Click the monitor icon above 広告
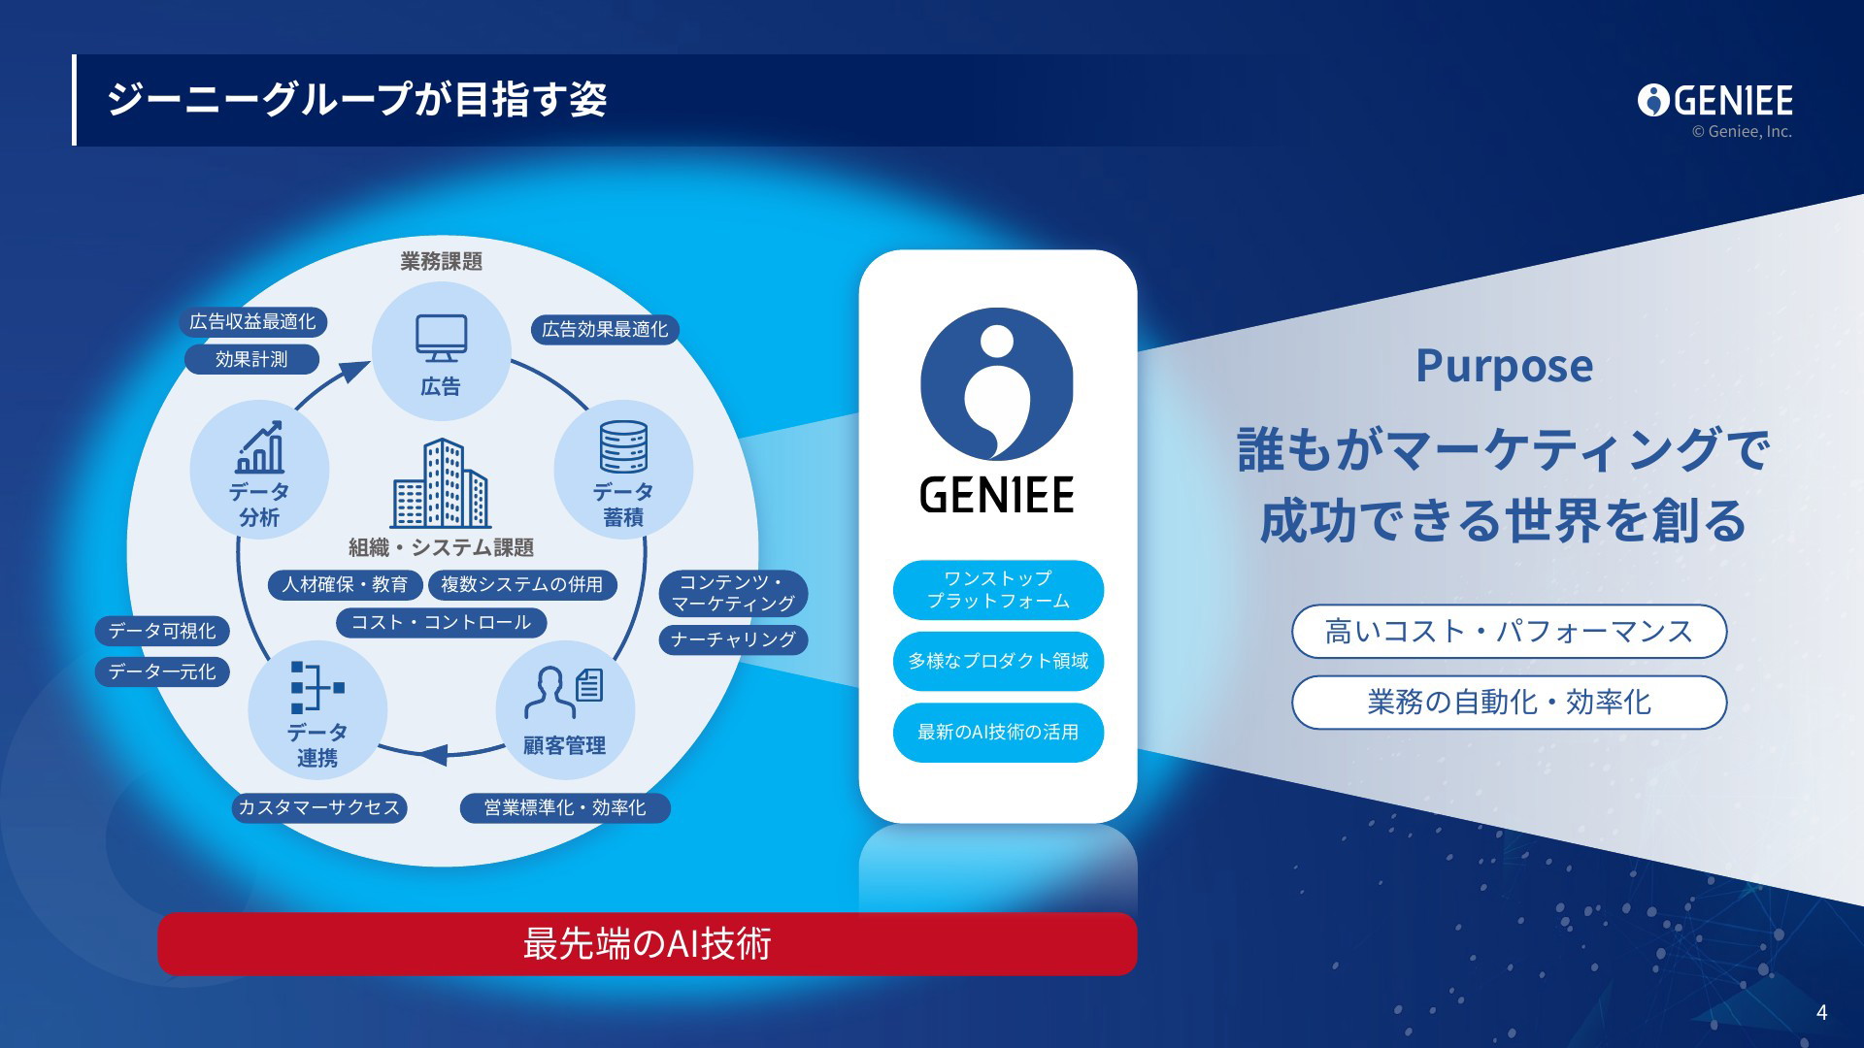[442, 339]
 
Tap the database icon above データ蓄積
[623, 446]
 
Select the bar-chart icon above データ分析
[260, 447]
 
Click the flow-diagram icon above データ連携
[317, 688]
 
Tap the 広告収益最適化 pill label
[252, 322]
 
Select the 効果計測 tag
[251, 359]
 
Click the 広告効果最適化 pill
[605, 330]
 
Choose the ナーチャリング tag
[734, 639]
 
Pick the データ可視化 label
[162, 631]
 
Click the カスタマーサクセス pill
[319, 807]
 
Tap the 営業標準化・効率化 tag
[565, 807]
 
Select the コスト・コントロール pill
[442, 623]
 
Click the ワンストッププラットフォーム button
[998, 590]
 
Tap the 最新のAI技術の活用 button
[998, 733]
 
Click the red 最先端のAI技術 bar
[648, 943]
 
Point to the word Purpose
[1504, 367]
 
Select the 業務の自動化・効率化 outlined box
[1509, 702]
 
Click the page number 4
[1821, 1013]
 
